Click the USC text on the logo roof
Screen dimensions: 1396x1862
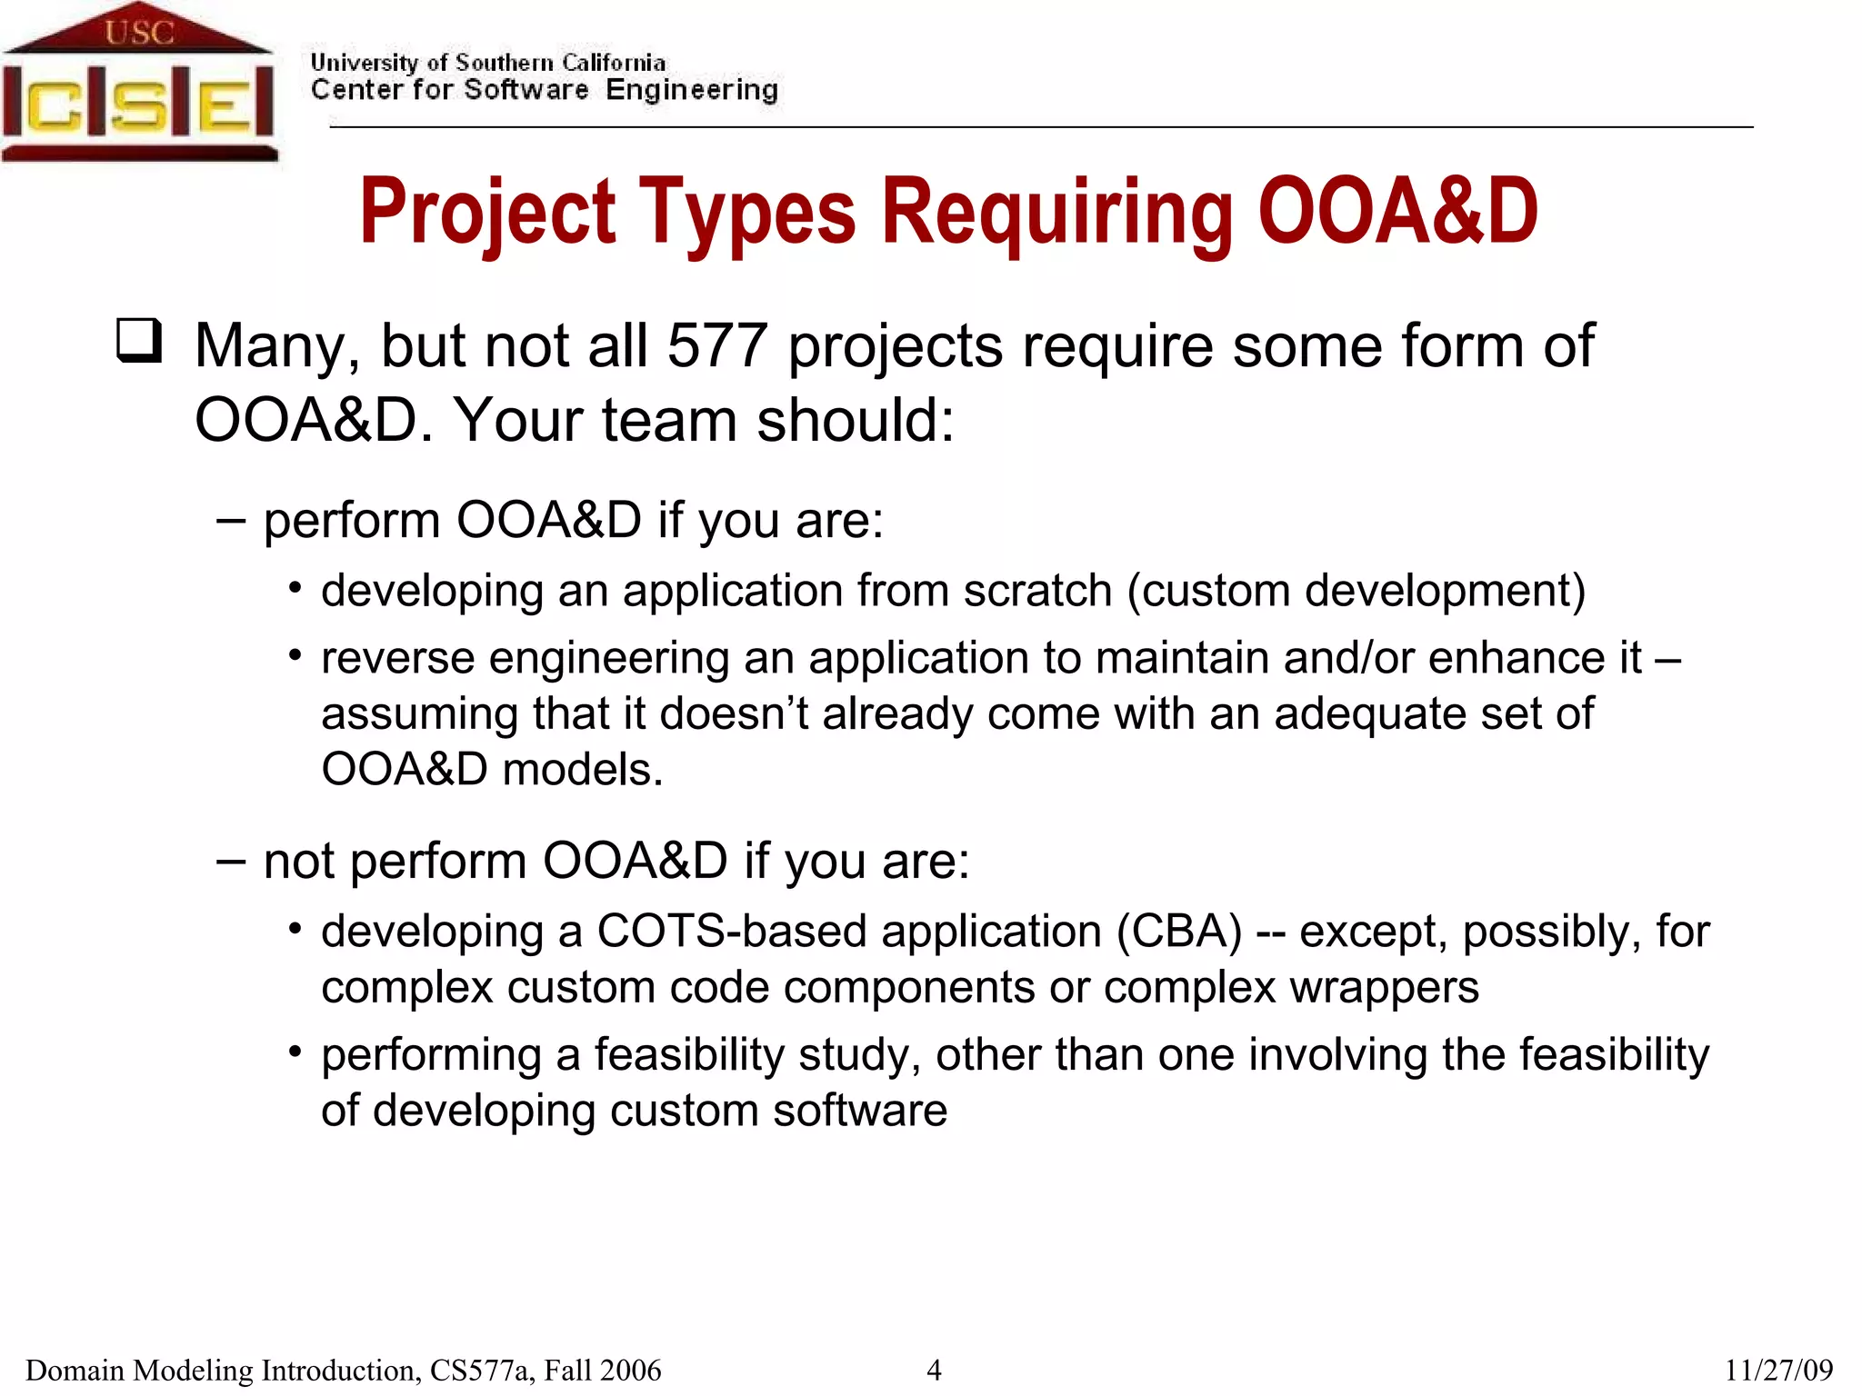pos(138,33)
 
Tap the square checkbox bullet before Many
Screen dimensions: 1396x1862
pos(139,341)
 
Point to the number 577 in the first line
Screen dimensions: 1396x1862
pos(717,346)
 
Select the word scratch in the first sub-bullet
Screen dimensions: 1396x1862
pos(1037,591)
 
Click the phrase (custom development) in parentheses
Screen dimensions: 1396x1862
pos(1356,591)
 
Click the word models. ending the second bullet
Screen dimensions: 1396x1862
pos(582,770)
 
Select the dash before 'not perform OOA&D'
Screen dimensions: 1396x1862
pos(231,860)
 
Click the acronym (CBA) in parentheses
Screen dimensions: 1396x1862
pos(1179,932)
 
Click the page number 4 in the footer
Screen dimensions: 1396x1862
pos(933,1370)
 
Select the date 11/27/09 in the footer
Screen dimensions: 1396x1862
pos(1778,1370)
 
